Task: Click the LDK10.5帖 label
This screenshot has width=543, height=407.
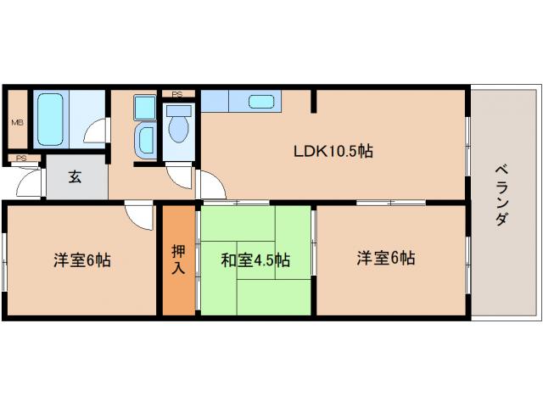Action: pos(333,153)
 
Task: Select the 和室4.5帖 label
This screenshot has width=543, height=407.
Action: pos(255,259)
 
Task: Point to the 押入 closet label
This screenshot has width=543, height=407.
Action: pos(179,258)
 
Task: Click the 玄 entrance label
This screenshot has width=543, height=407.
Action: pos(76,178)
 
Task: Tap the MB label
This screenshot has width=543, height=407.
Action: pos(17,122)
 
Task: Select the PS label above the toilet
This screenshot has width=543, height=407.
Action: pos(177,94)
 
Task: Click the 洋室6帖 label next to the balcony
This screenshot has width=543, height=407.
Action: pos(385,258)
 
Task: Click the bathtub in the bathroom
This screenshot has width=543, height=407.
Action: pos(50,120)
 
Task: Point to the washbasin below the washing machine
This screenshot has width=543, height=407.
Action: pos(144,138)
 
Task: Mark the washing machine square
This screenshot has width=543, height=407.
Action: pos(144,109)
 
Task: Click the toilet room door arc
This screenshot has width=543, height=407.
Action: pos(180,176)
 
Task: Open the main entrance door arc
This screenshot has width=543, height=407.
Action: pos(31,181)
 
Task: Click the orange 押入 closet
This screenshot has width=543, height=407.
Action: pos(179,280)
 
